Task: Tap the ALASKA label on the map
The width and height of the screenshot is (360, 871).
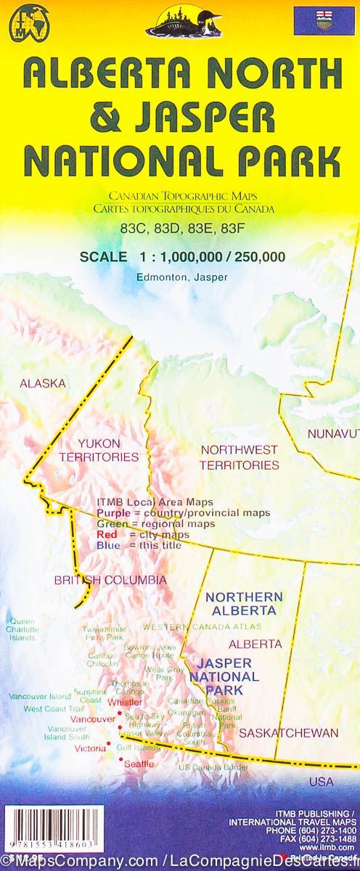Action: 42,383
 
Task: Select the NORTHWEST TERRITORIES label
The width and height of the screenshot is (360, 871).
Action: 240,457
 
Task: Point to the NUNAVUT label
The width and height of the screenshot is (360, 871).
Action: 333,434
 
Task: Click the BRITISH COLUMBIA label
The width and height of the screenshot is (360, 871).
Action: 110,580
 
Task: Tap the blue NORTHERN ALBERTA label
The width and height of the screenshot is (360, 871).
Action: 243,603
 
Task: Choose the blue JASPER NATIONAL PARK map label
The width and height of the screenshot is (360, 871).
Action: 224,676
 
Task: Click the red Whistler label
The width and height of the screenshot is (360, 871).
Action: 124,702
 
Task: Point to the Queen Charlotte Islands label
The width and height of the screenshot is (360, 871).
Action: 22,629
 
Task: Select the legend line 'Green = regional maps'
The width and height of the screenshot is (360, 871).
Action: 155,523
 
